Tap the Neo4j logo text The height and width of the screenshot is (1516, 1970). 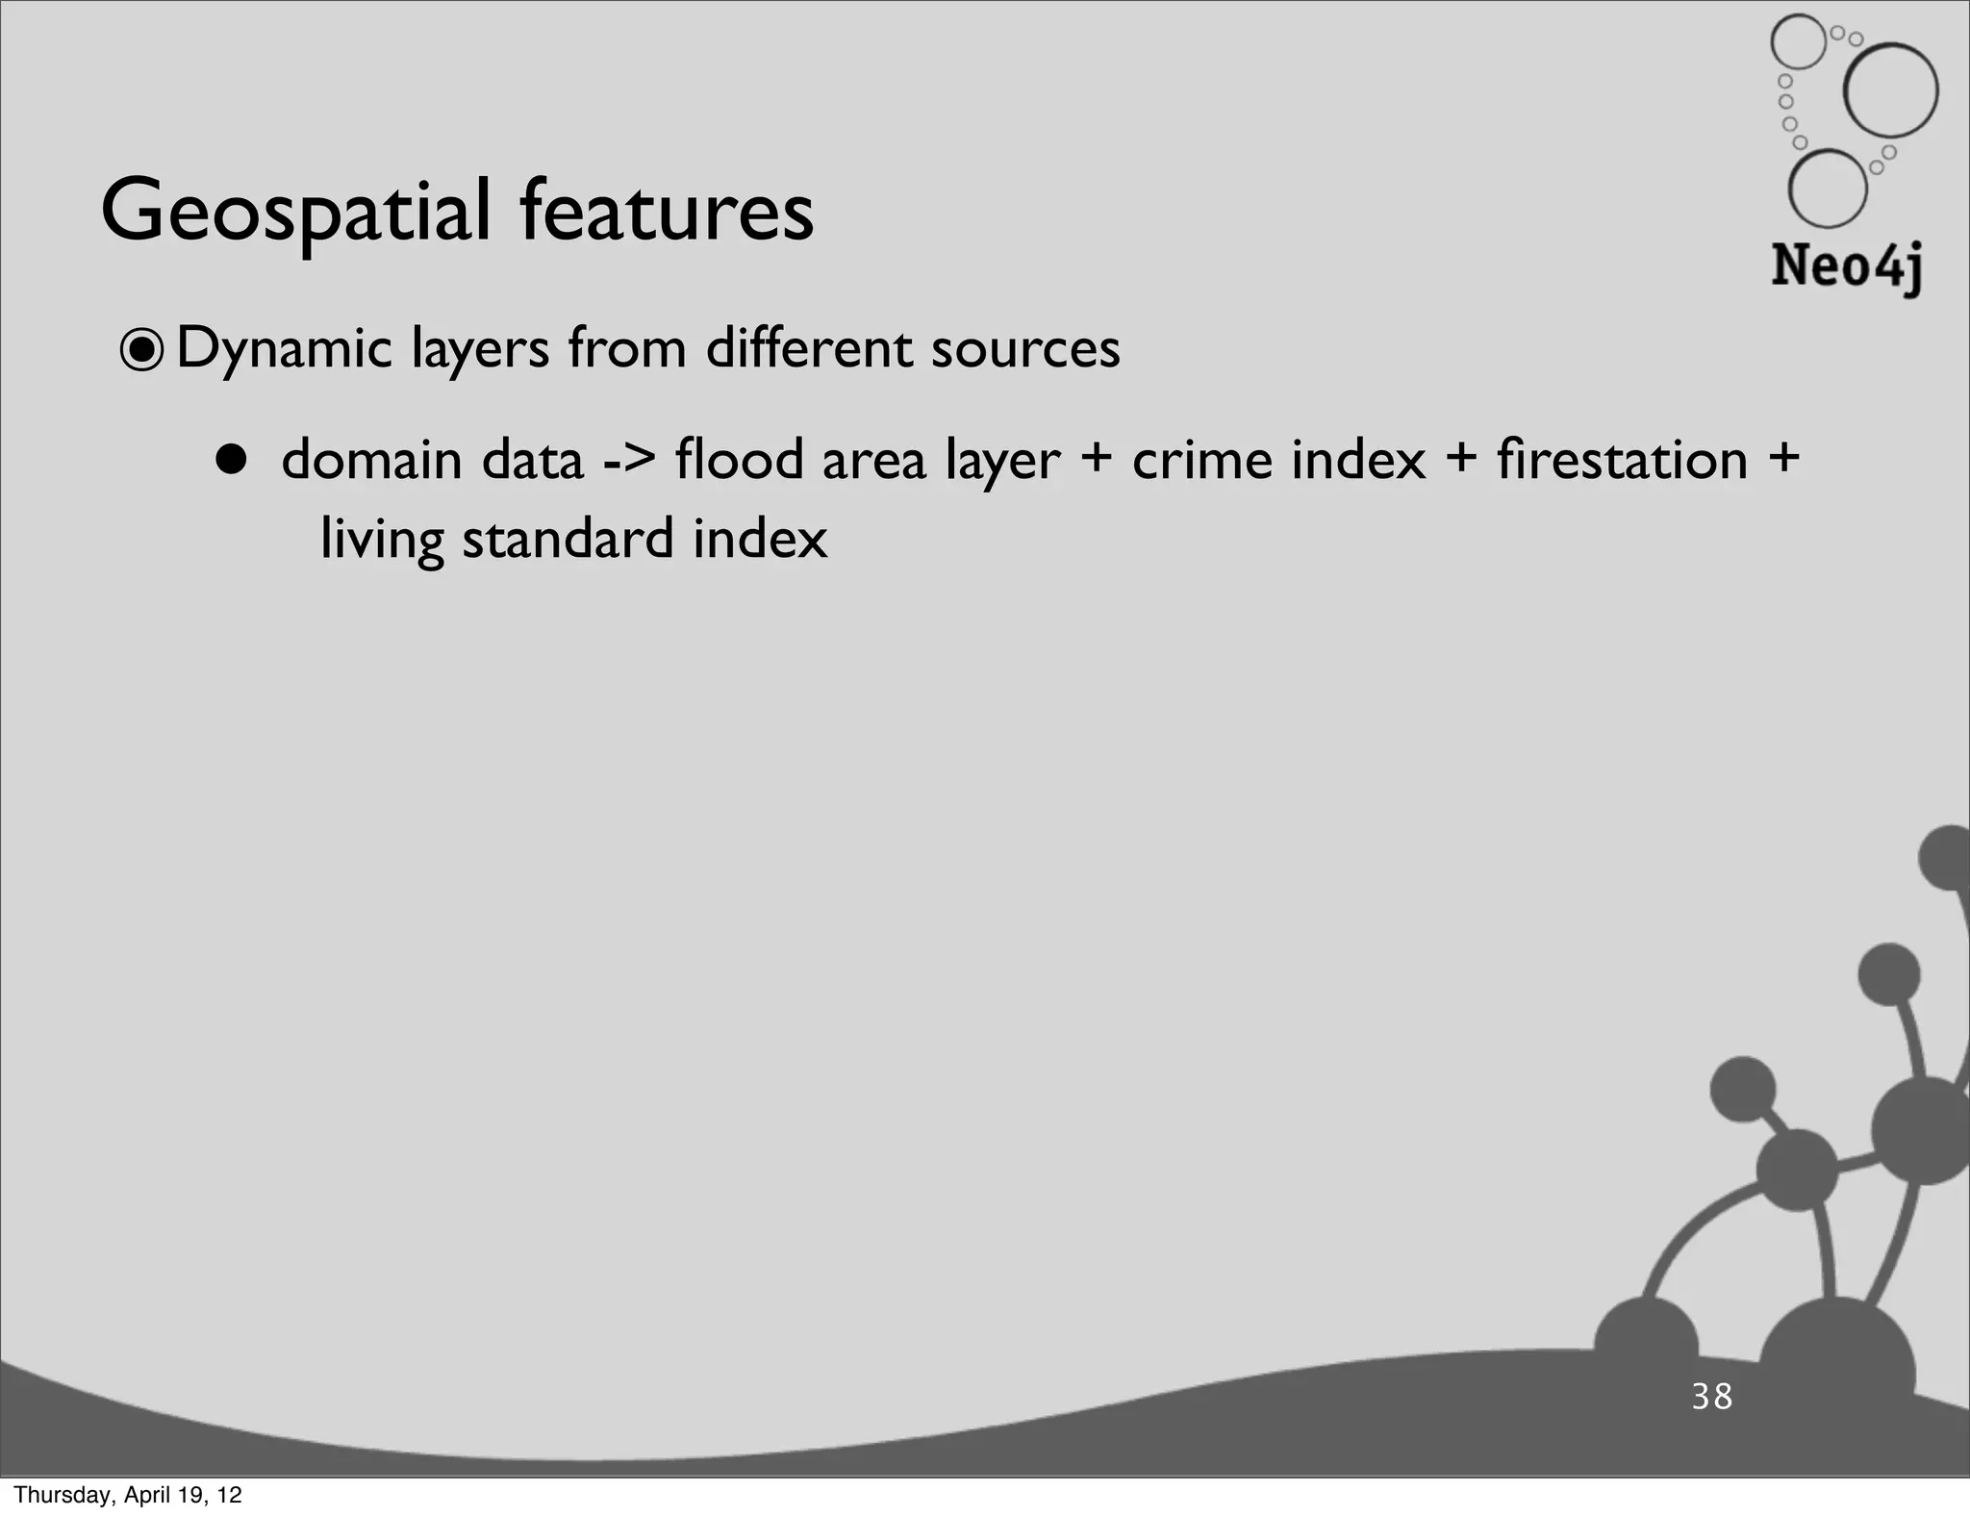(x=1846, y=265)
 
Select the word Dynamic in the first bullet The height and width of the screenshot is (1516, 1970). (x=284, y=348)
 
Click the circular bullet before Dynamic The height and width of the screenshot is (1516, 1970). (x=142, y=350)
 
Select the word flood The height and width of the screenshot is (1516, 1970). (x=739, y=459)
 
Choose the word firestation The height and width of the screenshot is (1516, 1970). (x=1622, y=459)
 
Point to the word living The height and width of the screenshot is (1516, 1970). (x=382, y=539)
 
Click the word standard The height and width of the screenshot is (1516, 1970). (x=568, y=539)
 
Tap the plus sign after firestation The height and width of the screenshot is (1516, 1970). (x=1783, y=458)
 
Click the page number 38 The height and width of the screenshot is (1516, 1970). (x=1712, y=1396)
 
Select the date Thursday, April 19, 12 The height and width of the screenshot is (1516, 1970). (x=128, y=1495)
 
